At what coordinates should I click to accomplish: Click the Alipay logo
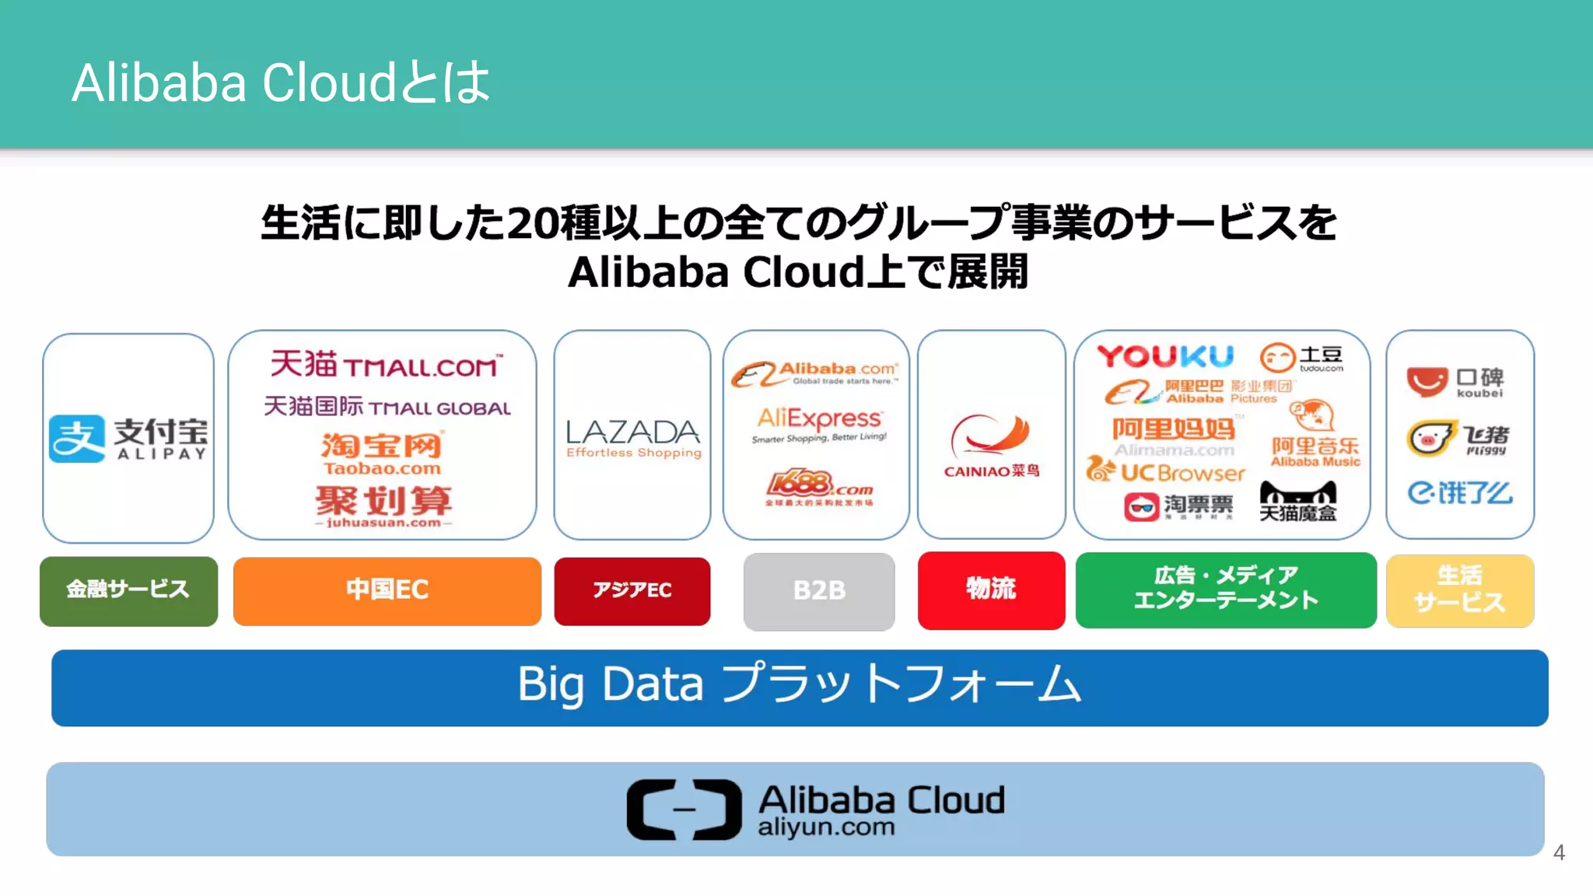pyautogui.click(x=128, y=438)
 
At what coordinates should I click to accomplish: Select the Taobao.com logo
pyautogui.click(x=382, y=453)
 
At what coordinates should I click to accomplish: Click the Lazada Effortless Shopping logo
pyautogui.click(x=633, y=438)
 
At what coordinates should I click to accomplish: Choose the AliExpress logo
pyautogui.click(x=819, y=425)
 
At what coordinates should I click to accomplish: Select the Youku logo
pyautogui.click(x=1165, y=357)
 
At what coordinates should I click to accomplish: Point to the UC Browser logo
pyautogui.click(x=1166, y=471)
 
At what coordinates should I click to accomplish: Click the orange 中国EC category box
pyautogui.click(x=387, y=590)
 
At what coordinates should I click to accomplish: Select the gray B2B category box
pyautogui.click(x=819, y=591)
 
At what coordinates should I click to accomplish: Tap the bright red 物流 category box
pyautogui.click(x=991, y=590)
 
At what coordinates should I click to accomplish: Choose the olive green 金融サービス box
pyautogui.click(x=128, y=590)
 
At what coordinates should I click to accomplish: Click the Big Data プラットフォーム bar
pyautogui.click(x=799, y=687)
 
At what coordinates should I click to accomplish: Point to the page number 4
pyautogui.click(x=1559, y=852)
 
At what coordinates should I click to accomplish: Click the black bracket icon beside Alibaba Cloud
pyautogui.click(x=684, y=809)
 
